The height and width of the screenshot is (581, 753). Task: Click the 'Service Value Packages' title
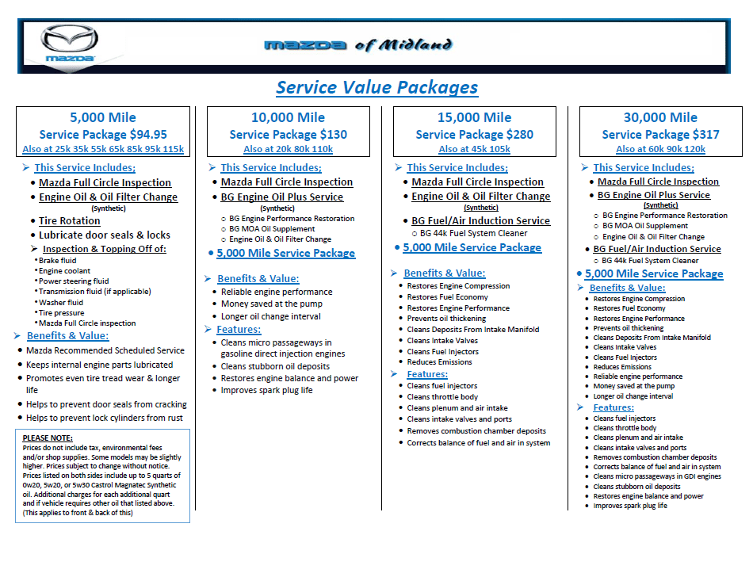tap(376, 87)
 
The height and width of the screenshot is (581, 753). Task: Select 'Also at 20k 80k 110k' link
tap(288, 149)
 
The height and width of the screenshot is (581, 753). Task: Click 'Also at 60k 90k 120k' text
tap(660, 149)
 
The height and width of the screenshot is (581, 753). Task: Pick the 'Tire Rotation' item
tap(70, 221)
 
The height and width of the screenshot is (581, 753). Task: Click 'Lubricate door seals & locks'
tap(105, 235)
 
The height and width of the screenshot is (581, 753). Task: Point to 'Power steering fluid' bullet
tap(75, 281)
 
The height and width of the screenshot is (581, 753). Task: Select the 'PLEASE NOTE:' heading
tap(48, 438)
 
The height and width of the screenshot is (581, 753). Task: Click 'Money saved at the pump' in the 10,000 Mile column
tap(271, 304)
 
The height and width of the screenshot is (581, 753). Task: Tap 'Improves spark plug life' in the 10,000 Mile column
tap(266, 390)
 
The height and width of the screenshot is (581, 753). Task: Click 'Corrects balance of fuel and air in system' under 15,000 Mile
tap(479, 443)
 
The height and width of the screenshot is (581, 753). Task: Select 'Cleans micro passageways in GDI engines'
tap(657, 476)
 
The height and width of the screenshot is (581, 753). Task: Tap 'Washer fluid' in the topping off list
tap(61, 302)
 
